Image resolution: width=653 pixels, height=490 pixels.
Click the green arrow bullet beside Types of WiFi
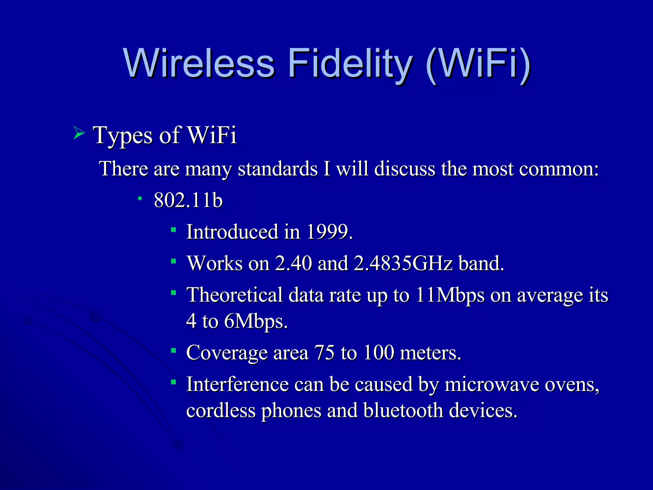(x=79, y=133)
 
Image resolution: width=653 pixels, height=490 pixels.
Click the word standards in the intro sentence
(x=278, y=169)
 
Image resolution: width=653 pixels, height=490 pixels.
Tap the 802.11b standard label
(x=188, y=200)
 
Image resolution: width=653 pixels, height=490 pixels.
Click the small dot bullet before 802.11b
(x=140, y=199)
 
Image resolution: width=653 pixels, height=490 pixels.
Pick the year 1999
(x=329, y=232)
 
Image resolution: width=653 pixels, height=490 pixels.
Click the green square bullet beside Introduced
(x=173, y=229)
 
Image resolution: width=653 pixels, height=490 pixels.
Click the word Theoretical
(x=235, y=295)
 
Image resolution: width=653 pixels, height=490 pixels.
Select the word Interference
(x=238, y=384)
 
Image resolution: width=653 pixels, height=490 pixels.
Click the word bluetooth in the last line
(x=403, y=410)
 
